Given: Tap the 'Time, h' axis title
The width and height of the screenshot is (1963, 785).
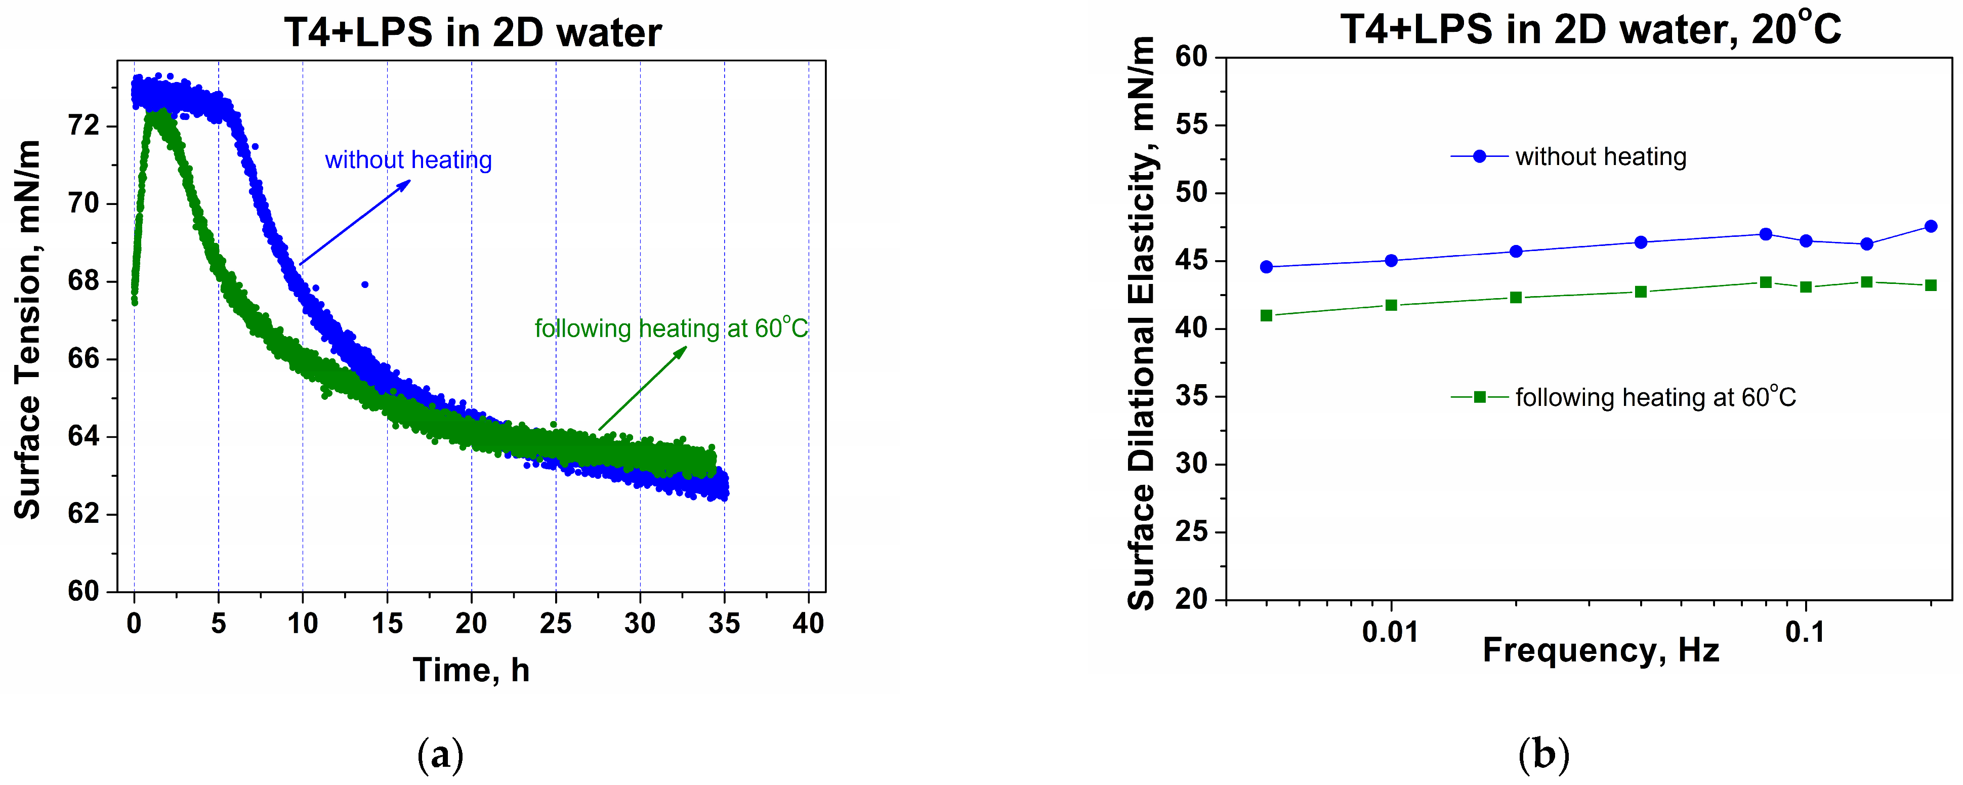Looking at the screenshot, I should (x=471, y=670).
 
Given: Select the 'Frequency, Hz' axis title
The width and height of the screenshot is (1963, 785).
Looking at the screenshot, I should (x=1600, y=650).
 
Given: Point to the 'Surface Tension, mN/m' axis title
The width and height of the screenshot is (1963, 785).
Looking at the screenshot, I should (x=28, y=329).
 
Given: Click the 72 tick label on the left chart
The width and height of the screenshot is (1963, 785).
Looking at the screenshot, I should (x=84, y=125).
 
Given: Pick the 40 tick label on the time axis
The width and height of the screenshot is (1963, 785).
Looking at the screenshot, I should (x=808, y=624).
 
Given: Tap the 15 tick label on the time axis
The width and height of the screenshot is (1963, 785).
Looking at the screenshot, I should (x=387, y=624).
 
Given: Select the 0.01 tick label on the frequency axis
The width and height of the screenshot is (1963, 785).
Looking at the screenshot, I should (x=1390, y=633).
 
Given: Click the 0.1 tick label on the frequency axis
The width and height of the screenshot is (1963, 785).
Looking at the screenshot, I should (x=1805, y=633).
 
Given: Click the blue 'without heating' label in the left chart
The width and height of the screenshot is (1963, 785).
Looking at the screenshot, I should (x=408, y=160).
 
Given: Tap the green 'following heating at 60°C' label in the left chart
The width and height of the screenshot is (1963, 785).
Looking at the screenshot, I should (x=671, y=328).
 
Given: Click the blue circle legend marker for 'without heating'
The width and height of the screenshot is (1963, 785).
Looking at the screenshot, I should (x=1479, y=156).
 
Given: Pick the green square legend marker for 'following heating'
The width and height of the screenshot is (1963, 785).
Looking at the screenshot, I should (x=1479, y=397).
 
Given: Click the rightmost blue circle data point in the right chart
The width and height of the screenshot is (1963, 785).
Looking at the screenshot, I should (x=1930, y=226).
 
